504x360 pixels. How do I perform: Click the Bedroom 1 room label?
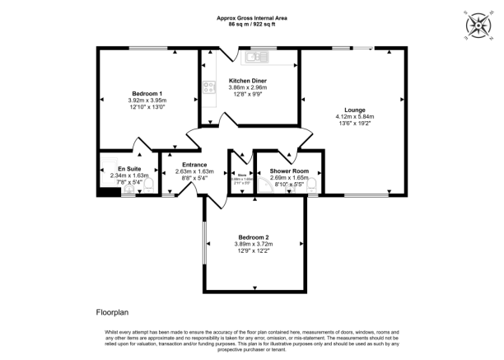(x=147, y=93)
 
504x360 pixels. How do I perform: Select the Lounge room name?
(x=355, y=110)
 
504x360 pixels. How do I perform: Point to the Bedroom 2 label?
(x=254, y=237)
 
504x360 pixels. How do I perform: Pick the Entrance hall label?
(x=194, y=165)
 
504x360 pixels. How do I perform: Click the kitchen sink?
(x=251, y=57)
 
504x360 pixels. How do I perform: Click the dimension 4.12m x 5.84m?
(x=355, y=118)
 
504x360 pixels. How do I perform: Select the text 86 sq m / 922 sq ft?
(x=251, y=25)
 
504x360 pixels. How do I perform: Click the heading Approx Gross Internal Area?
(x=251, y=18)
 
